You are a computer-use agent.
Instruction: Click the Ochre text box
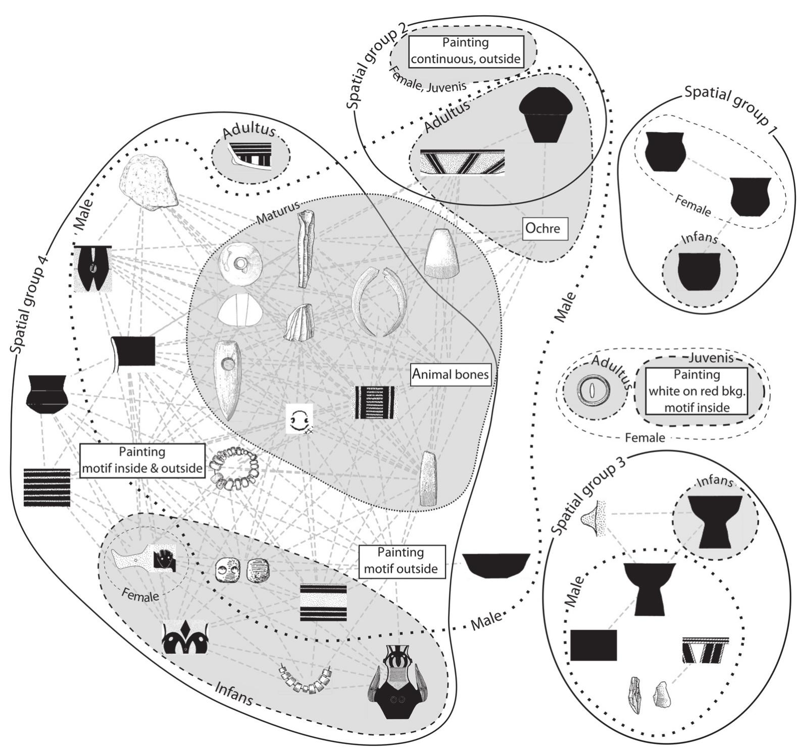pyautogui.click(x=544, y=229)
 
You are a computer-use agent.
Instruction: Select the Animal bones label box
pyautogui.click(x=451, y=374)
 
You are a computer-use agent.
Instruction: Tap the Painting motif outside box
pyautogui.click(x=403, y=561)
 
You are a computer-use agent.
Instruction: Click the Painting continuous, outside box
pyautogui.click(x=466, y=51)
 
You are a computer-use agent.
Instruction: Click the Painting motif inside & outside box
pyautogui.click(x=142, y=460)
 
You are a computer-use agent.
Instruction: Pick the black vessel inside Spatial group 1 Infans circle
pyautogui.click(x=699, y=272)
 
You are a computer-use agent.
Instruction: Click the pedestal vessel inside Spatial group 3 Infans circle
pyautogui.click(x=715, y=521)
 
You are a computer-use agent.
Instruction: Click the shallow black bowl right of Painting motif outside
pyautogui.click(x=496, y=565)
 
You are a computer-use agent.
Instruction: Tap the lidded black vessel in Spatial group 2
pyautogui.click(x=546, y=116)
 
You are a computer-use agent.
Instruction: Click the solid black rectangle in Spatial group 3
pyautogui.click(x=593, y=645)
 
